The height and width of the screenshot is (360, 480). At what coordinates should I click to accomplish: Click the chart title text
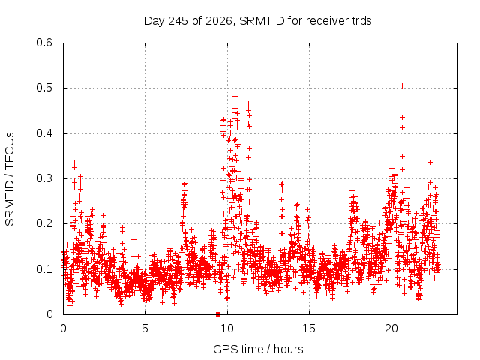[x=258, y=21]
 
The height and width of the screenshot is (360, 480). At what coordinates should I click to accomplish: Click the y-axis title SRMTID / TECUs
[x=10, y=179]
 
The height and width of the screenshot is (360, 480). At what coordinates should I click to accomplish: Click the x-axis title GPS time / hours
[x=258, y=349]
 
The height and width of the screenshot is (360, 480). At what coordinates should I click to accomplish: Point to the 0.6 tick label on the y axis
[x=44, y=43]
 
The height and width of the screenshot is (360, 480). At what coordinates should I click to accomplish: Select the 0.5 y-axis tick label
[x=44, y=88]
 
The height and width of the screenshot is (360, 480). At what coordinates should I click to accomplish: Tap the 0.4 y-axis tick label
[x=44, y=133]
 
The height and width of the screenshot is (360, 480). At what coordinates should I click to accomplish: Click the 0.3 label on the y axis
[x=44, y=178]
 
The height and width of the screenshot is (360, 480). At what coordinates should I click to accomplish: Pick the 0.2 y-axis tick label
[x=44, y=223]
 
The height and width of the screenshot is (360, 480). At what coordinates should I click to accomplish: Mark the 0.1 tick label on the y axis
[x=44, y=269]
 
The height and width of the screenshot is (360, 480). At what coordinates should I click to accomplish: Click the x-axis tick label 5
[x=145, y=328]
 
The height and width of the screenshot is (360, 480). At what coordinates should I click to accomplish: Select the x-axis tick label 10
[x=227, y=328]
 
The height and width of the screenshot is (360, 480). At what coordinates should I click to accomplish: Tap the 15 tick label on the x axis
[x=309, y=328]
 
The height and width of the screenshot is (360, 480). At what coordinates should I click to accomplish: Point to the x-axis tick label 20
[x=391, y=328]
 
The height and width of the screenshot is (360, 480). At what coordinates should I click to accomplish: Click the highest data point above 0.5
[x=403, y=86]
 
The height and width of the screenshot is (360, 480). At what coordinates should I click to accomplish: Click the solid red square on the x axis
[x=217, y=314]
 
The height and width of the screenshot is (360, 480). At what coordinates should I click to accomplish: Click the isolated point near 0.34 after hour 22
[x=430, y=162]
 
